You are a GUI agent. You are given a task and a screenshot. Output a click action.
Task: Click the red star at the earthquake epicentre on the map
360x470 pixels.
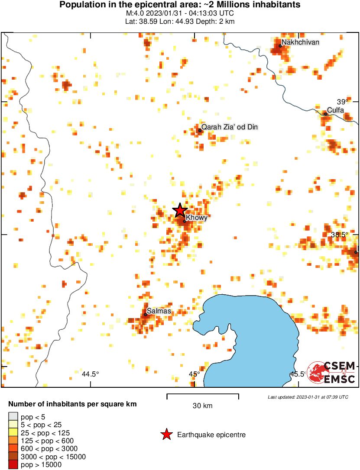click(x=180, y=210)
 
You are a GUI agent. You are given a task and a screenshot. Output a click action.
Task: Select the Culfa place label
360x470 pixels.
click(x=335, y=110)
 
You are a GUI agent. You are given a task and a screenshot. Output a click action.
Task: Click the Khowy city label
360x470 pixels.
click(x=196, y=218)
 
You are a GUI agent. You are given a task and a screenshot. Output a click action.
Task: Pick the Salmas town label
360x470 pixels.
click(x=159, y=311)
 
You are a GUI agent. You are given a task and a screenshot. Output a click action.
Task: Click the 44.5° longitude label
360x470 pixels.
click(x=90, y=374)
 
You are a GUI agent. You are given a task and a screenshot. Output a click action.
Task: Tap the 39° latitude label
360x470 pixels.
click(x=342, y=102)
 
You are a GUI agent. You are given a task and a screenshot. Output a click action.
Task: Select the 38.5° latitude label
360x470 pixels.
click(x=340, y=235)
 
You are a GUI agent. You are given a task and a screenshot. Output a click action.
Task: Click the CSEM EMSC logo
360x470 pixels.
click(x=331, y=372)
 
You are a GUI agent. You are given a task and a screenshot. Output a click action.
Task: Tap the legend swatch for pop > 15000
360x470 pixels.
click(x=13, y=465)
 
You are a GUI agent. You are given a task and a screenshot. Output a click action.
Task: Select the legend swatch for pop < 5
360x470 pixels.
click(x=13, y=417)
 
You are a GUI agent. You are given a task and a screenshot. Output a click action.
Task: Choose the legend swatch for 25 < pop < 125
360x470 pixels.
click(x=13, y=433)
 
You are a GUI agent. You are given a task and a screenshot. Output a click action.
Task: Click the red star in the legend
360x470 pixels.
click(x=166, y=435)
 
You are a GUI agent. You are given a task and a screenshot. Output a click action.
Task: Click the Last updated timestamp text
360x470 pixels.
click(x=308, y=397)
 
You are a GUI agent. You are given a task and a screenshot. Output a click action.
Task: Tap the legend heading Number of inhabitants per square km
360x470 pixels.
click(x=72, y=404)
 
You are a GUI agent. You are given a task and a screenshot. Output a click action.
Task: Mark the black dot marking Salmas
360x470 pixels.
click(x=146, y=315)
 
